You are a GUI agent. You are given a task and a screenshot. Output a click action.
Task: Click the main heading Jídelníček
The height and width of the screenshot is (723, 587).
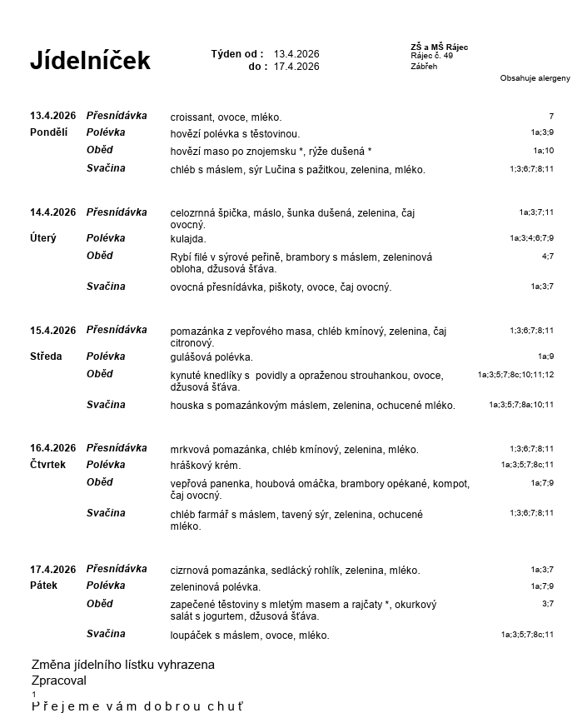[x=90, y=61]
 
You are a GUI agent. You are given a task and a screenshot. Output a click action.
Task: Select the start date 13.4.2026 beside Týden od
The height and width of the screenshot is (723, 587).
[x=296, y=54]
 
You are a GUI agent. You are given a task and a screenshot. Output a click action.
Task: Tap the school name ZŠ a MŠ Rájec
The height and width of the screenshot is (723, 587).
[x=439, y=47]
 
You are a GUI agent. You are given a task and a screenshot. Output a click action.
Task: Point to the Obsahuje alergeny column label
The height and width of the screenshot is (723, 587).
[x=535, y=78]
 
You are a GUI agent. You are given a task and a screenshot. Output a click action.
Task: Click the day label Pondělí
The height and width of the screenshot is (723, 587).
[x=49, y=132]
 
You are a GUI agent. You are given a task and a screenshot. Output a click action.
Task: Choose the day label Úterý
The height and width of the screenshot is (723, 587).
[x=43, y=238]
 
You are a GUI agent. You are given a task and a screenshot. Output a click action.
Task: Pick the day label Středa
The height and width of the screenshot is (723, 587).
[x=46, y=357]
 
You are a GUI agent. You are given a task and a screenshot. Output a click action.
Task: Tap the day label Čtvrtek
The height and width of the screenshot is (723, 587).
[x=47, y=465]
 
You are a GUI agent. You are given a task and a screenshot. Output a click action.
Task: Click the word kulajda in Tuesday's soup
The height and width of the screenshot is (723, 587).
[x=187, y=239]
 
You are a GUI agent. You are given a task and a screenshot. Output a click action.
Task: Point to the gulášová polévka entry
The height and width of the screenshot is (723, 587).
[x=211, y=357]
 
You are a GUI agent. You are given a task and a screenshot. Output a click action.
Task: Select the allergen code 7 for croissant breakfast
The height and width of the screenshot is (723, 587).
[x=550, y=117]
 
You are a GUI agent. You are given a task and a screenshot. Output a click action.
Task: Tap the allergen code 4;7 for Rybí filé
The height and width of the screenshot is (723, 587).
[x=547, y=257]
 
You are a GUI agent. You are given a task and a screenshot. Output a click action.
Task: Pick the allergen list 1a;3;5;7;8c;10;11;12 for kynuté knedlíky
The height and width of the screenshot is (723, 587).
[x=515, y=375]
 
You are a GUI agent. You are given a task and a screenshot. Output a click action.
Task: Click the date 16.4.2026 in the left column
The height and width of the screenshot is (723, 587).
[x=53, y=448]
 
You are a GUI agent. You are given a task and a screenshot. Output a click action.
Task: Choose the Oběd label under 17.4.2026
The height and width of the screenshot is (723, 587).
[x=100, y=604]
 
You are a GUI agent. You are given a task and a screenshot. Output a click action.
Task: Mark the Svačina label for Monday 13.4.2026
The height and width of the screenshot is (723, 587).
[x=106, y=168]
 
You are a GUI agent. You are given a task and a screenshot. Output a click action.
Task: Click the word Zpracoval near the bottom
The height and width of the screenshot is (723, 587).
[x=59, y=681]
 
